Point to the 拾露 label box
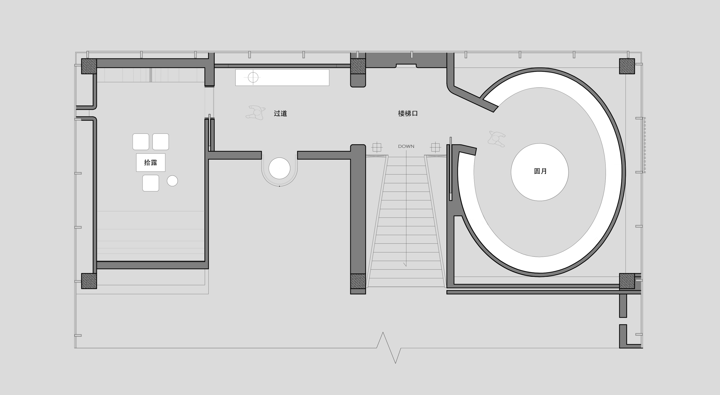click(151, 162)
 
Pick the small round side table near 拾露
click(172, 181)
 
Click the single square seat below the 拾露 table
click(151, 183)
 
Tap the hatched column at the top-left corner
click(89, 66)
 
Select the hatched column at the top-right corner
click(627, 66)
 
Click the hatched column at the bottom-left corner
click(89, 281)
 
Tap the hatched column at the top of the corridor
click(358, 66)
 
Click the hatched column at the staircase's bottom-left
click(358, 281)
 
